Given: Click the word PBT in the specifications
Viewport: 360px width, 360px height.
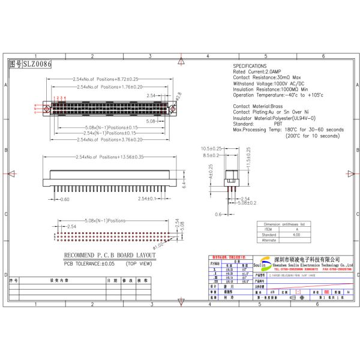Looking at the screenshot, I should point(278,123).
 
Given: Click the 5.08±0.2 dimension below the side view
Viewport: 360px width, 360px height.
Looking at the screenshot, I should point(248,203).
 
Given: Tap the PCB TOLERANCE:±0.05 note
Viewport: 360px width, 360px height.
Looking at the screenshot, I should point(90,263).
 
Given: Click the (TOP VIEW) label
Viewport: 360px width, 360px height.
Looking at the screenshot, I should point(139,263).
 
